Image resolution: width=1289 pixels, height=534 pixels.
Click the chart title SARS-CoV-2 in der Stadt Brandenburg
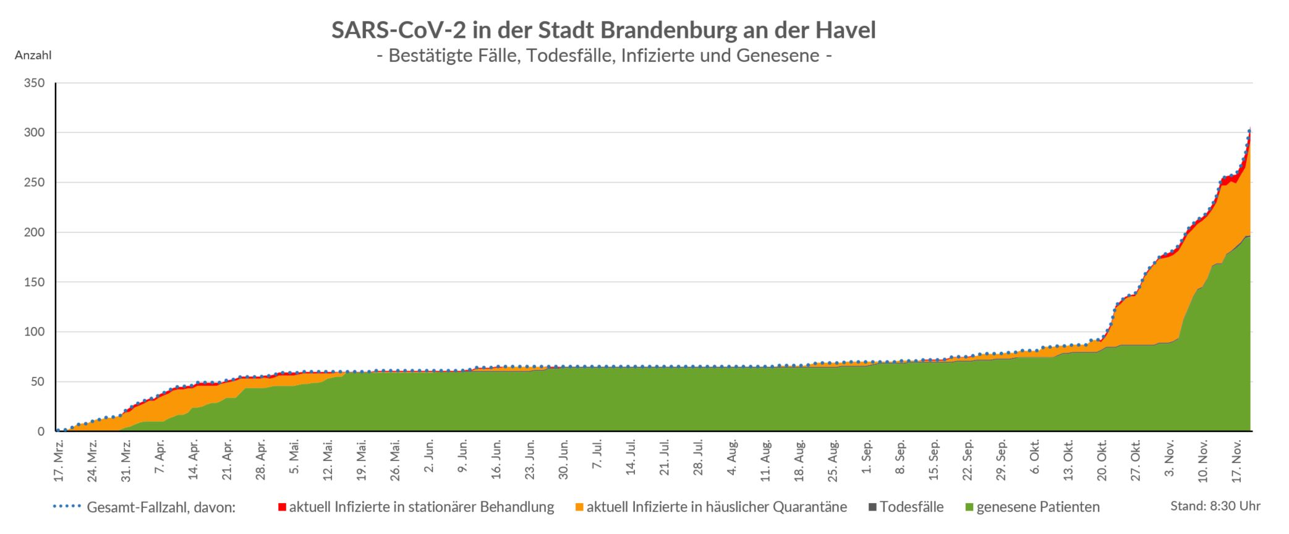(603, 30)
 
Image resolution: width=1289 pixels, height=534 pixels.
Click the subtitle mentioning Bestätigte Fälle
(603, 56)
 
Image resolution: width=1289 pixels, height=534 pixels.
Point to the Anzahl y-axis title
(33, 56)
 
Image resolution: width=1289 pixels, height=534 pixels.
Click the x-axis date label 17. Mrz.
(59, 460)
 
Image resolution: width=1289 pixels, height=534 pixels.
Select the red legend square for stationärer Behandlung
(282, 507)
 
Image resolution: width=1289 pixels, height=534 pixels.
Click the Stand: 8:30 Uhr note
(1215, 506)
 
